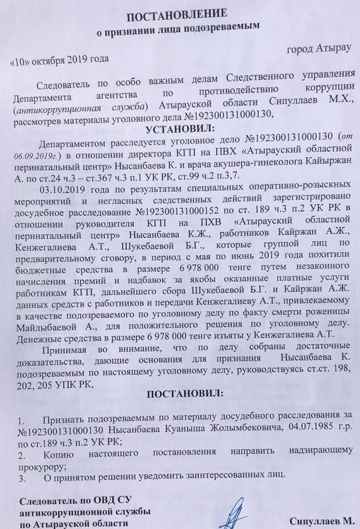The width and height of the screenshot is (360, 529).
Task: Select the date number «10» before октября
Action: (21, 59)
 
